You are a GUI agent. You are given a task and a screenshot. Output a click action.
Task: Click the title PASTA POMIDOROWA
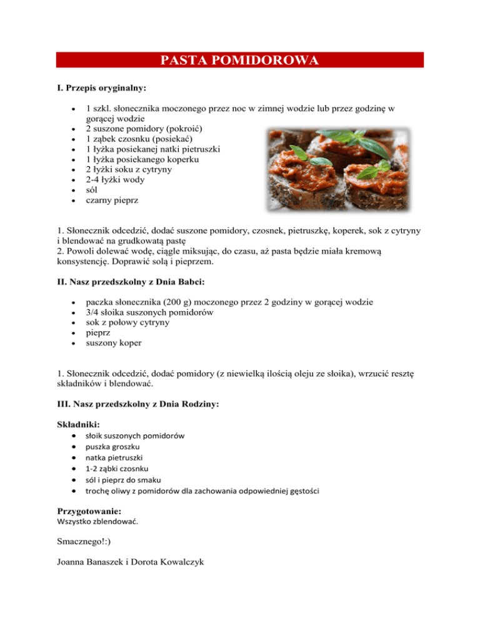240,60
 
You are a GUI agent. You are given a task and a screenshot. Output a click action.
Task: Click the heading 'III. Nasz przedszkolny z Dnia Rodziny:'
137,404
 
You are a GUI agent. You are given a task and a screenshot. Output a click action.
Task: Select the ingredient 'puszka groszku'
112,447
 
